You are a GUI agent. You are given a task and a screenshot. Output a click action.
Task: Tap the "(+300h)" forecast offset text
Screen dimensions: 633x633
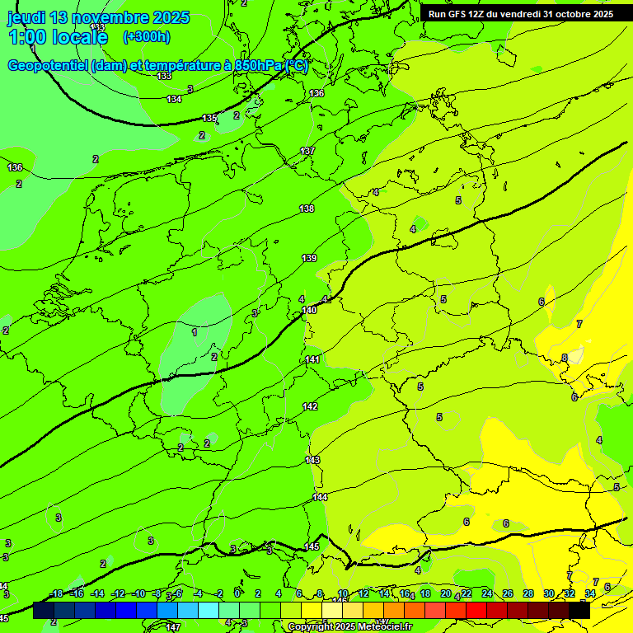(x=147, y=36)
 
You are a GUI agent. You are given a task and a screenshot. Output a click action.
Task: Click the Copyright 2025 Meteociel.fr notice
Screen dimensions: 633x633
(x=349, y=627)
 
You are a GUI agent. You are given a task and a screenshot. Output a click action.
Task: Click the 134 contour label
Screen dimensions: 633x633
(x=174, y=99)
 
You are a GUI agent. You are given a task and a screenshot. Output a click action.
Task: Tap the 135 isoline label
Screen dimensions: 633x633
(x=210, y=118)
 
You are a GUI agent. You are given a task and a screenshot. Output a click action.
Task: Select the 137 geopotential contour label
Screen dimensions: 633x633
(x=307, y=151)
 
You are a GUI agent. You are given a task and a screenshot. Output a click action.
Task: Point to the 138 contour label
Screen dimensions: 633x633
(x=307, y=209)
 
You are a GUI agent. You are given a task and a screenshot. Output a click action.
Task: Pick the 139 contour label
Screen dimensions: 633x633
(x=309, y=258)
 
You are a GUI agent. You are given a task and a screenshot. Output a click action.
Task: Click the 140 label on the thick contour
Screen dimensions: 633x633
(x=309, y=310)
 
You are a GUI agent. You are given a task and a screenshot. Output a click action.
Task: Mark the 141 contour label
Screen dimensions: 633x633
(x=312, y=359)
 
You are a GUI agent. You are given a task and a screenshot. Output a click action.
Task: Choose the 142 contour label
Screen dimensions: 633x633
(x=310, y=406)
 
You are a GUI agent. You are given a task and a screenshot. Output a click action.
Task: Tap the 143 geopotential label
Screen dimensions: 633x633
(x=312, y=459)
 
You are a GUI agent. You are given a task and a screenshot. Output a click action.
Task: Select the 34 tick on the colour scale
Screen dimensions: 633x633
(x=590, y=593)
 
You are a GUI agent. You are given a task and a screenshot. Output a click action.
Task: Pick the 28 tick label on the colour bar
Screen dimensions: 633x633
(x=528, y=593)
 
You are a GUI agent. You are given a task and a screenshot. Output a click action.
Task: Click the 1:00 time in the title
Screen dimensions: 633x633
(x=30, y=37)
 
